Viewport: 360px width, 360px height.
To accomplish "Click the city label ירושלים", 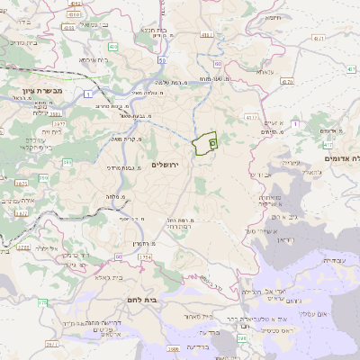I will click(x=167, y=165).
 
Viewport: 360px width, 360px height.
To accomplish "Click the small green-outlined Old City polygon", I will click(x=207, y=141).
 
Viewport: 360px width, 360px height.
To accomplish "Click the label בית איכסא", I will click(x=94, y=60).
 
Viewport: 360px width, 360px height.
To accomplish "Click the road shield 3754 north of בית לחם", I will click(x=143, y=258).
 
